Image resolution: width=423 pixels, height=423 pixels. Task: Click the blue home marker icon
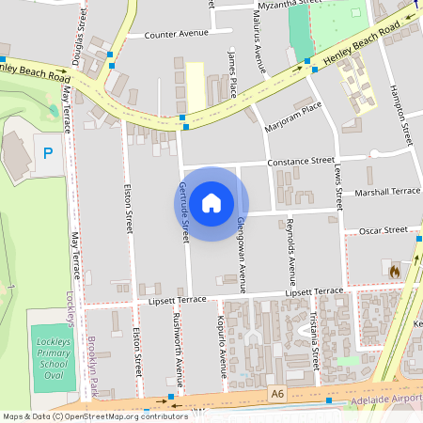pos(211,202)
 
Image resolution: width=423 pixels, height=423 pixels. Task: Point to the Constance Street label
pos(301,162)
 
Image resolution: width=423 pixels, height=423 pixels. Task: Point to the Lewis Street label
pos(337,183)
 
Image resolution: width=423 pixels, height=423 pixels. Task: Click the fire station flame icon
pos(394,271)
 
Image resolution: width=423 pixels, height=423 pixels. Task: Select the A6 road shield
pos(275,394)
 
